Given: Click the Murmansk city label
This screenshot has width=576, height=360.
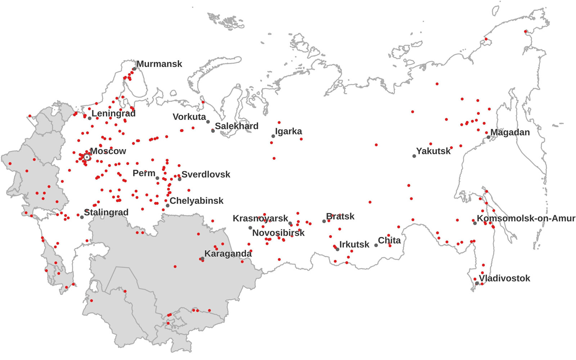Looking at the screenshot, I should coord(159,64).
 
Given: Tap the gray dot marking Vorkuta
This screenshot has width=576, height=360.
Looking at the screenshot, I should coord(208,122).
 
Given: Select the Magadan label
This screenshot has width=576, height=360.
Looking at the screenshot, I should coord(510,132).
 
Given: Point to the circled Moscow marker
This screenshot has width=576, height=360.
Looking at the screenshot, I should coord(87,157).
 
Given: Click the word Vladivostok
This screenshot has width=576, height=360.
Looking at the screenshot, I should coord(504,278).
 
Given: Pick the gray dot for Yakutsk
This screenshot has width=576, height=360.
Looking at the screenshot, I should coord(414,156).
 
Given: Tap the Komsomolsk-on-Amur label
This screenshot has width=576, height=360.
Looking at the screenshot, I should coord(526,218).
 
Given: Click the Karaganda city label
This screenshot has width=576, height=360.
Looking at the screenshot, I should coord(228,254).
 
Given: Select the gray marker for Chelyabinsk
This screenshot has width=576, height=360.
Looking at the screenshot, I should coord(167,206).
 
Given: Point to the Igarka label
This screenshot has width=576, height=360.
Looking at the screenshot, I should coord(288,131).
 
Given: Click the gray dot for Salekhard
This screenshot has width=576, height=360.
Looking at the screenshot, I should coord(213,131).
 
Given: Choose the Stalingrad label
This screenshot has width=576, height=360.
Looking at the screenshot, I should coord(106,212).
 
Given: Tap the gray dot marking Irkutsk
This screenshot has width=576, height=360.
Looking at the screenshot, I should coord(337,249).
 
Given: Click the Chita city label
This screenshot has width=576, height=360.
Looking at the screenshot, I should coord(389,240).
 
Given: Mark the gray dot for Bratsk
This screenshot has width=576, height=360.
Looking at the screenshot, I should coord(324,221).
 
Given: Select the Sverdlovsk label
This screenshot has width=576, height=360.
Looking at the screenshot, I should coord(206,175).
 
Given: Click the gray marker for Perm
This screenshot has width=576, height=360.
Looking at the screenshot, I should coord(157,178).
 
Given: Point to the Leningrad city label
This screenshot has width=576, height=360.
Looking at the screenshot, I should coord(113,113).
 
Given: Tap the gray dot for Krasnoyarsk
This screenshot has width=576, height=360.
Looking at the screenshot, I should coord(250,228).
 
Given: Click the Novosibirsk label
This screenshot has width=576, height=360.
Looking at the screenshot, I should coord(278,233).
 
